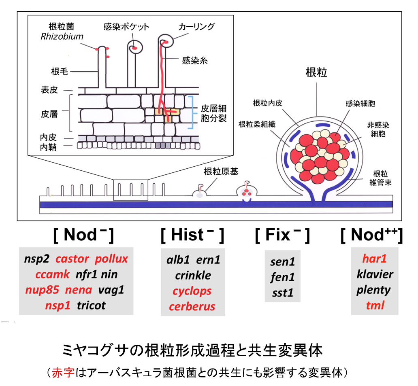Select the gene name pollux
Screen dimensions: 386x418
111,259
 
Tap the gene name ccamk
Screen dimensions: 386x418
52,275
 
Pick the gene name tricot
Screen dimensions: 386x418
91,305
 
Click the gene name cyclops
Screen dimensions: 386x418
192,291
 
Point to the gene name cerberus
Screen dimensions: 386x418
192,306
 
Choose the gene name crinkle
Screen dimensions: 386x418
193,276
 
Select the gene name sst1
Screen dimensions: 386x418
283,293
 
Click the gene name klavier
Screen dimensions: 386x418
375,274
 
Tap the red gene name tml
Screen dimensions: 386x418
375,305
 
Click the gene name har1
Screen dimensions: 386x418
375,259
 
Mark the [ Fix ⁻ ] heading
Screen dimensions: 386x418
282,235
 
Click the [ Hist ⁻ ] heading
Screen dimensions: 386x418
192,235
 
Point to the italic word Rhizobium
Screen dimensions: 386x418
62,36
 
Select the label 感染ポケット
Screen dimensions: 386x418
126,27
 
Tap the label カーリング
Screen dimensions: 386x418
196,27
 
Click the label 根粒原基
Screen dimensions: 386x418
221,172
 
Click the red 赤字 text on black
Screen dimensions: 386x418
63,373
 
